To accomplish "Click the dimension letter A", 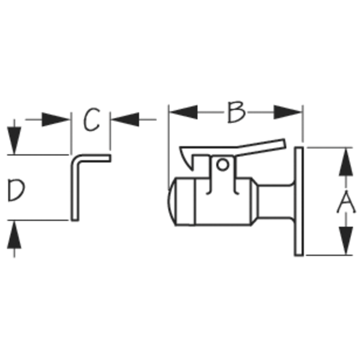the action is click(346, 202).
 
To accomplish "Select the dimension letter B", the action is click(236, 112).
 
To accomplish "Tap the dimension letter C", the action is click(91, 119).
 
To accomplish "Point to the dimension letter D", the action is click(16, 190).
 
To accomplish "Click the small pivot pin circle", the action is click(223, 165).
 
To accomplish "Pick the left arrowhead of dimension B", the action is click(184, 112).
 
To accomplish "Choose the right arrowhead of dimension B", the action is click(287, 112).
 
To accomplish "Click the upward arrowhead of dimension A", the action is click(346, 162).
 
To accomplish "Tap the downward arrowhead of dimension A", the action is click(346, 241).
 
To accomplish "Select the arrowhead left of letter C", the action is click(56, 119).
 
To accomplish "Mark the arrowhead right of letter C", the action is click(126, 119).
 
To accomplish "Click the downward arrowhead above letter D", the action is click(14, 141).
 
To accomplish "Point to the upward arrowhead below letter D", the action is click(14, 234).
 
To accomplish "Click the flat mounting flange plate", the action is click(299, 201).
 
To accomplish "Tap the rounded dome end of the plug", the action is click(171, 202).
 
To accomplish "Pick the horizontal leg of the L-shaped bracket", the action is click(94, 158).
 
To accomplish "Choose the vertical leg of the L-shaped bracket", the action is click(75, 191).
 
